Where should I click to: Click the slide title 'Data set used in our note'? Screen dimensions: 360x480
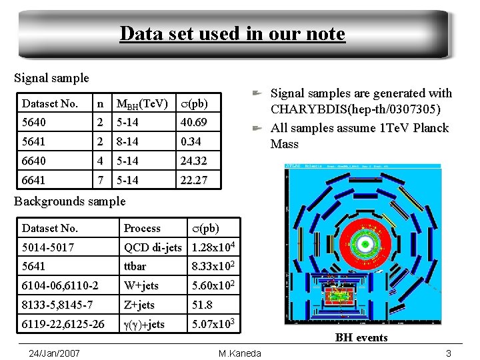(232, 33)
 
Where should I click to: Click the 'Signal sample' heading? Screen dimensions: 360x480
(51, 78)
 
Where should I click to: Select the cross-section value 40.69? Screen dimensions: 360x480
(193, 123)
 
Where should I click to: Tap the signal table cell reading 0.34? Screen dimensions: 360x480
(189, 141)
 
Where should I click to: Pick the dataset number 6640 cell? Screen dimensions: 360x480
(35, 161)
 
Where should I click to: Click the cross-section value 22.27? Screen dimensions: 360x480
(193, 180)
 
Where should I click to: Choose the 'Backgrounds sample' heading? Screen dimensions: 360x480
(69, 201)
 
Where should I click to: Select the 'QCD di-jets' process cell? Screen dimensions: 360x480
(153, 248)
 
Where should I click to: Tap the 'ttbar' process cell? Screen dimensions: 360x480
(136, 267)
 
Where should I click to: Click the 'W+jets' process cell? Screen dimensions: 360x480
(141, 286)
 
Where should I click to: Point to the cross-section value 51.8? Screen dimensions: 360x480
(203, 305)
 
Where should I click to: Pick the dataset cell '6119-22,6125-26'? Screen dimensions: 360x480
(63, 324)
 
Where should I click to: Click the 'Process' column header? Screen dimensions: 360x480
(142, 229)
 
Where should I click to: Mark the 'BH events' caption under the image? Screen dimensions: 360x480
(361, 338)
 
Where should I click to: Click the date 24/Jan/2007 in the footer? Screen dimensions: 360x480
(55, 353)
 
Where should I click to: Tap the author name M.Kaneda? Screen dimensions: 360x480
(240, 353)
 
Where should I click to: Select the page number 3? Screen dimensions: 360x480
(449, 353)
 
